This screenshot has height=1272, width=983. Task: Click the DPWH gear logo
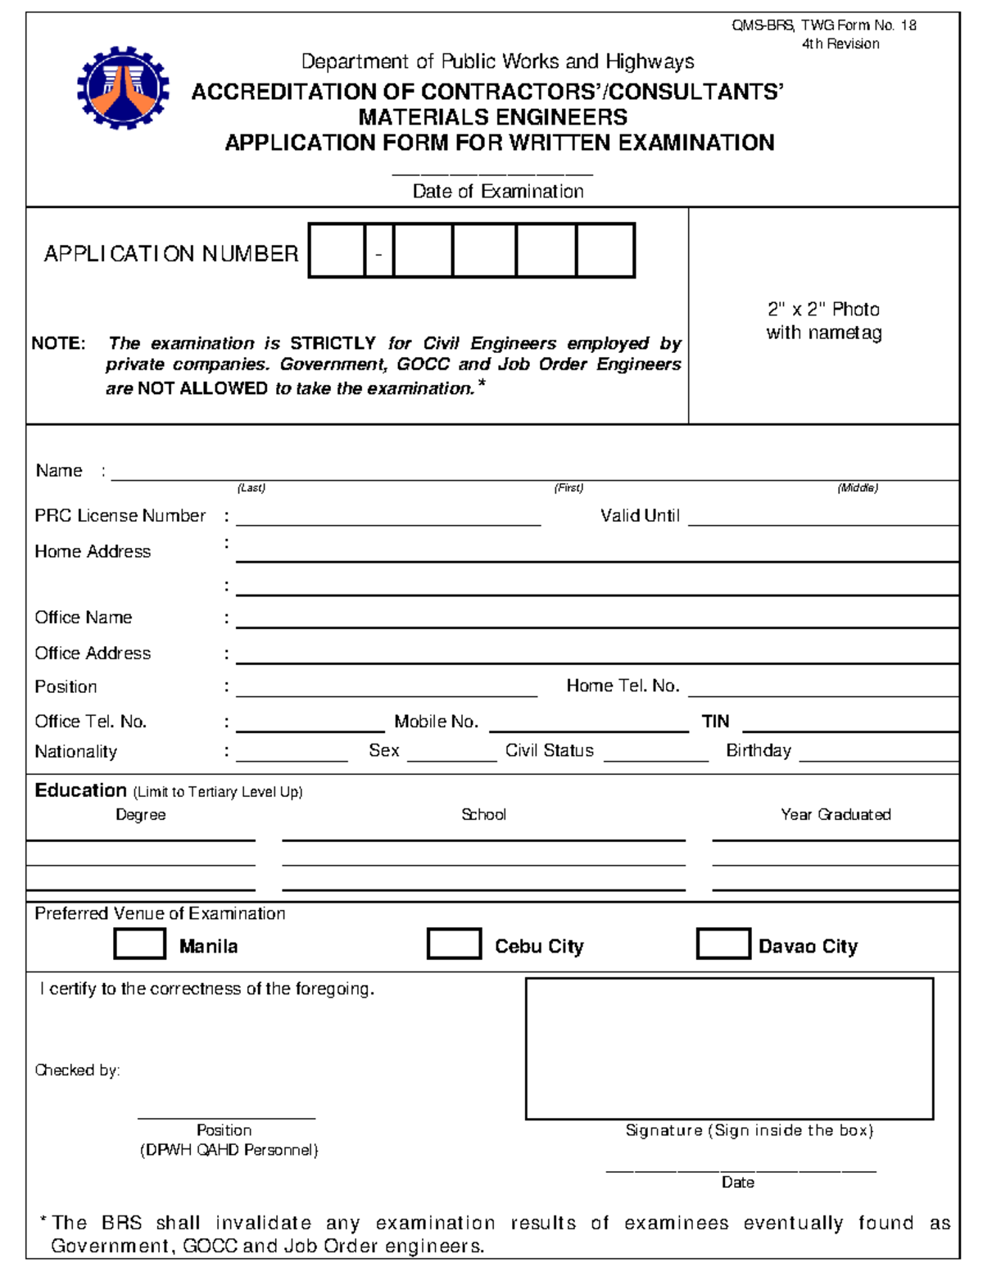coord(123,88)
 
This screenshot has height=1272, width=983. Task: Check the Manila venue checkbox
coord(139,944)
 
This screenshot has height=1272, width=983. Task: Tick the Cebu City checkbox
coord(454,944)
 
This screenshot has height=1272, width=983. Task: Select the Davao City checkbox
coord(723,944)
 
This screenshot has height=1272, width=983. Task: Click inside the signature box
coord(729,1048)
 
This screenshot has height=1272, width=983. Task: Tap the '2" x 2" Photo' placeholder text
coord(823,310)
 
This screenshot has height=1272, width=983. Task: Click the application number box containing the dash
coord(378,251)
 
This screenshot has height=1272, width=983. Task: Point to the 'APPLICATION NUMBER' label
coord(171,254)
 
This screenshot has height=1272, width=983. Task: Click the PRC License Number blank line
coord(388,518)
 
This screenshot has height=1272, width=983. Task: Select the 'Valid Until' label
coord(640,516)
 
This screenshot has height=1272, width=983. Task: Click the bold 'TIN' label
coord(715,722)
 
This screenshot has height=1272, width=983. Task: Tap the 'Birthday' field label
coord(759,750)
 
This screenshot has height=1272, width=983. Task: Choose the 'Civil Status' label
coord(549,750)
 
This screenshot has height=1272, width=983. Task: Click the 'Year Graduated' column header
coord(836,814)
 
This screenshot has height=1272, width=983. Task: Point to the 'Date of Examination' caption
coord(498,192)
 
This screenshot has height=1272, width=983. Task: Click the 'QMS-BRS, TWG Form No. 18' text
coord(823,25)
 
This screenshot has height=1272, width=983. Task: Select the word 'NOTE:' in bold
coord(58,343)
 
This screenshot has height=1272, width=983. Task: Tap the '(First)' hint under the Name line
coord(569,488)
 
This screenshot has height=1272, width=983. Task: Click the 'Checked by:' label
coord(77,1071)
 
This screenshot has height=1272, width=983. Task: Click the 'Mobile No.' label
coord(436,722)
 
